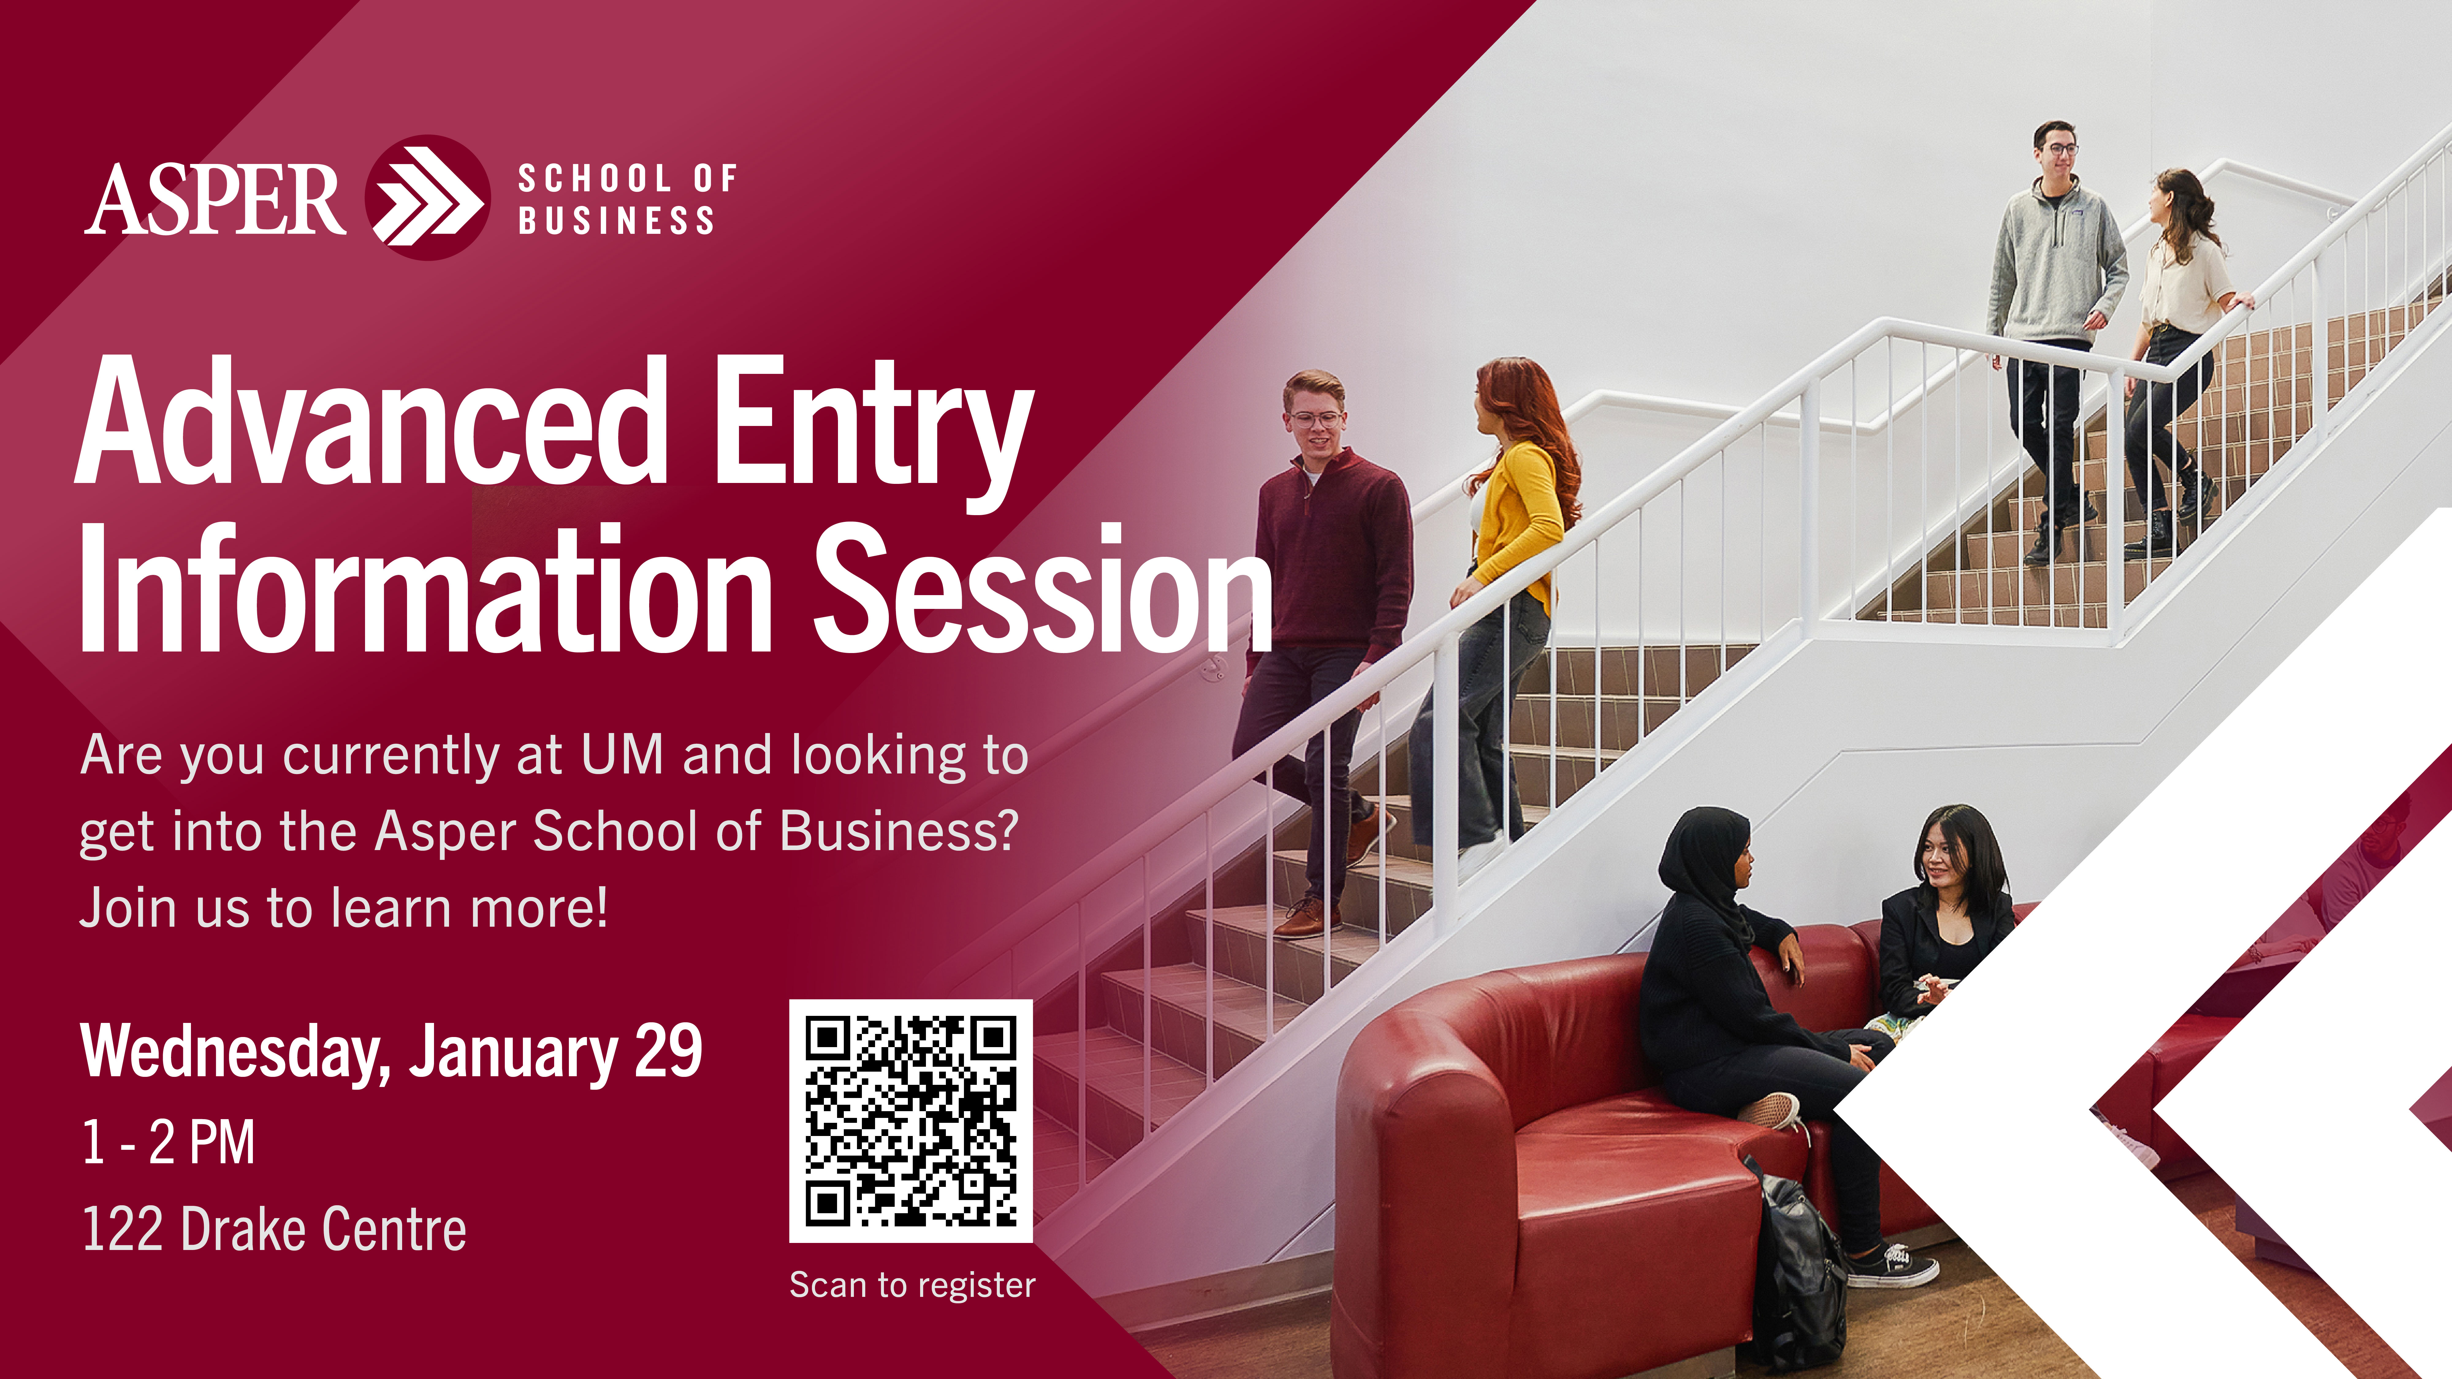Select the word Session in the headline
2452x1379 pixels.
tap(1043, 588)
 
